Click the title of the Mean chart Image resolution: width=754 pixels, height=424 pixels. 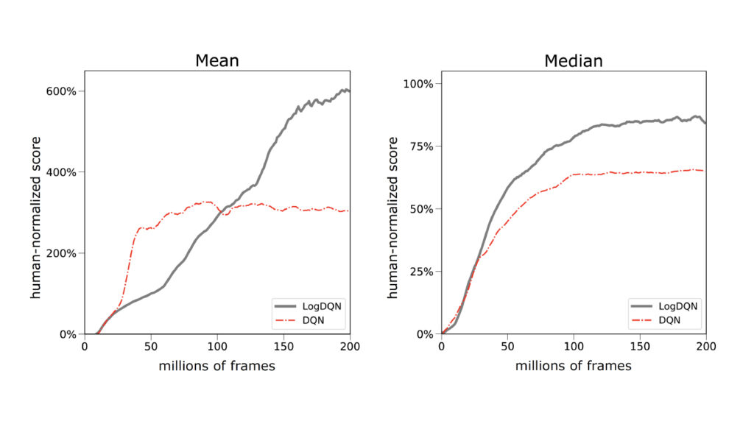point(216,60)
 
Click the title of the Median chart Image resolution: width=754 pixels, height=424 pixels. point(573,60)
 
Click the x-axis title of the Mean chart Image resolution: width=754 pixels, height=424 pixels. point(216,365)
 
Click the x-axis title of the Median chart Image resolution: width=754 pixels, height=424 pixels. point(573,365)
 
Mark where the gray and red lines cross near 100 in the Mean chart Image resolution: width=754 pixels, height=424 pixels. point(220,213)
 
